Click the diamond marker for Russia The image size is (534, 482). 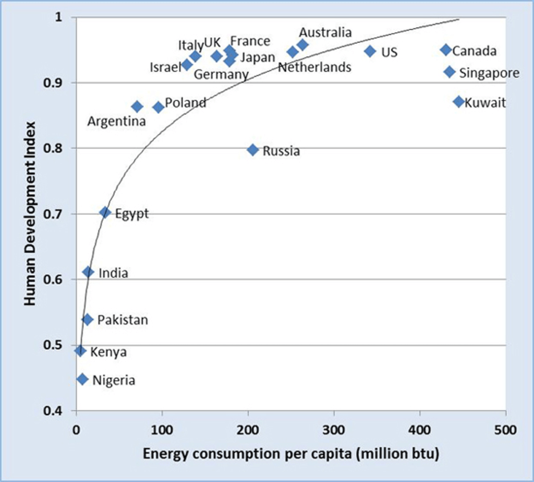pos(253,150)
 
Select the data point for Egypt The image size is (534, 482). pos(105,212)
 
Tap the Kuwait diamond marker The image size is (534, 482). pos(459,101)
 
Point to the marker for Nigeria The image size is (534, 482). pos(82,379)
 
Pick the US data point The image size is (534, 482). pos(370,51)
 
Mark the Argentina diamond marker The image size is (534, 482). pos(137,107)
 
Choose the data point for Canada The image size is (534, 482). pos(445,50)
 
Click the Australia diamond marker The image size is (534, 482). pos(302,45)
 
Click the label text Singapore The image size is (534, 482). pos(489,73)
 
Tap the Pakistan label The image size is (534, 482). pos(123,320)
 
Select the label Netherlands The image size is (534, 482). pos(314,67)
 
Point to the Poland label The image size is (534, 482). pos(186,103)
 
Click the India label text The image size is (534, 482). pos(113,273)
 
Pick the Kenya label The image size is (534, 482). pos(108,352)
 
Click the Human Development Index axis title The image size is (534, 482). pos(31,214)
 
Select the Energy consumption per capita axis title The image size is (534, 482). pos(291,454)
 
